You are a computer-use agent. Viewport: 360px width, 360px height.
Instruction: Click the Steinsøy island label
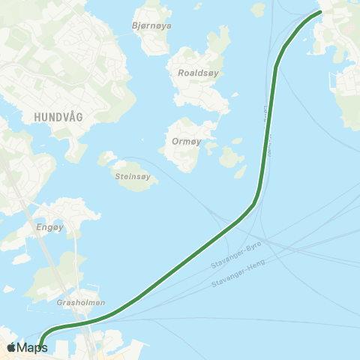coord(133,177)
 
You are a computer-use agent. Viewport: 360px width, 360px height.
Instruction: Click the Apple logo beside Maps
coord(12,347)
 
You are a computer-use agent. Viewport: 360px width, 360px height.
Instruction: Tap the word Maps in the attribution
coord(31,347)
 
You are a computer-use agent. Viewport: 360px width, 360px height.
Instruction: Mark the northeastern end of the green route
coord(320,11)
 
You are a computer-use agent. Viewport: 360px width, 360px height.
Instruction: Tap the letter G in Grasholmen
coord(59,303)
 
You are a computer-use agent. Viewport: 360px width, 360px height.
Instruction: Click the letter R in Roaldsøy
coord(181,73)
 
